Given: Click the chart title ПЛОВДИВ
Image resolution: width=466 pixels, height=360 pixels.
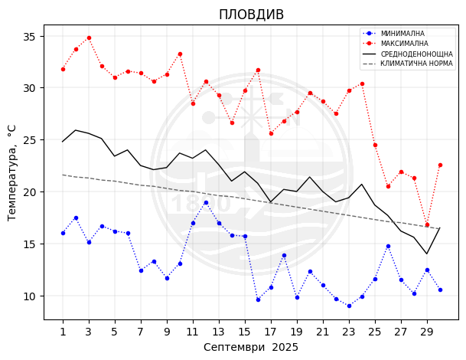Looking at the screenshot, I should [251, 15].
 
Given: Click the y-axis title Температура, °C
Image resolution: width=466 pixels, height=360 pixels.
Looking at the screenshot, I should [11, 172].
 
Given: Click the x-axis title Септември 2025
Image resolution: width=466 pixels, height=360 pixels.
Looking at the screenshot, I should [251, 347].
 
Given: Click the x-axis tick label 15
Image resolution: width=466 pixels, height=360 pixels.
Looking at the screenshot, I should [245, 332].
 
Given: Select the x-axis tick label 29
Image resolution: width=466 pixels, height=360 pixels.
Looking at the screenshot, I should [427, 332].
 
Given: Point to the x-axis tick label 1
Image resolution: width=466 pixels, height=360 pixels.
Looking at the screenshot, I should [63, 332].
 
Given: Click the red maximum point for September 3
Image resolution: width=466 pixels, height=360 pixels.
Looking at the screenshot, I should [89, 38].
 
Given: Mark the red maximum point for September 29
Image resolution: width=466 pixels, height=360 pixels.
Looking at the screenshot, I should [427, 224].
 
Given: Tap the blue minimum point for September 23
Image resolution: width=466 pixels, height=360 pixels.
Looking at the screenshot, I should [349, 306].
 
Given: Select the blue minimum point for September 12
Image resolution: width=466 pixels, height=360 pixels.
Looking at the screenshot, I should [206, 202].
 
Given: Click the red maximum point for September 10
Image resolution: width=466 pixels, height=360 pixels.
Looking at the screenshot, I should [180, 54].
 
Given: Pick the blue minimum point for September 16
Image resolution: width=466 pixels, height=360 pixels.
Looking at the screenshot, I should [258, 299].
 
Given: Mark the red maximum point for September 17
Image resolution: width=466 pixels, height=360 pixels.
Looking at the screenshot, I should [271, 133].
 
